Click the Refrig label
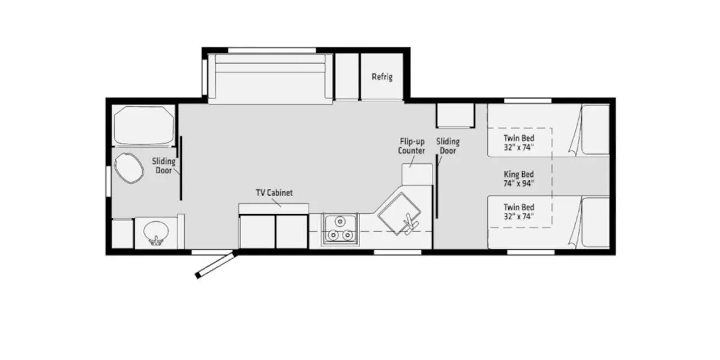[382, 77]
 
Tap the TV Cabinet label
[274, 193]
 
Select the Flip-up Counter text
[412, 146]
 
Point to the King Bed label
[519, 178]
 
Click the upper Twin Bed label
[519, 142]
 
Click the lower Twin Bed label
[519, 211]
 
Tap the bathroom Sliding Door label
[163, 166]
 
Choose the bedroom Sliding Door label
[448, 146]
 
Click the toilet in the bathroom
[129, 169]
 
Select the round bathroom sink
[156, 232]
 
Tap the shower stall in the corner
[143, 125]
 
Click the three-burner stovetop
[340, 229]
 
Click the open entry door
[214, 265]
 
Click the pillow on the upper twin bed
[595, 129]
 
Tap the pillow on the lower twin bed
[595, 223]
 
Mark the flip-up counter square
[417, 173]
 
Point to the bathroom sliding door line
[181, 168]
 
